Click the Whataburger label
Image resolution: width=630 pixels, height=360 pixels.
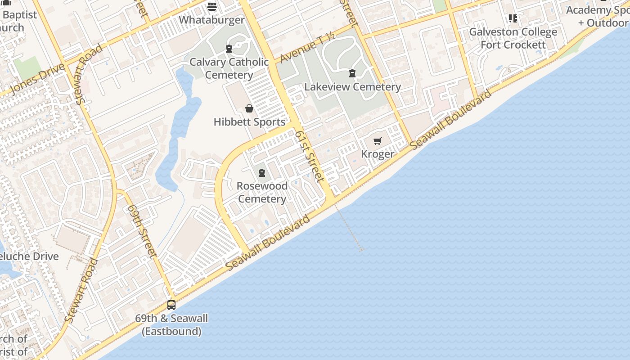[211, 20]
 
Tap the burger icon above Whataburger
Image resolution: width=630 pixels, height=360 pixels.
[212, 7]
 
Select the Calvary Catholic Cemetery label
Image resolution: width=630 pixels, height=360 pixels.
[229, 68]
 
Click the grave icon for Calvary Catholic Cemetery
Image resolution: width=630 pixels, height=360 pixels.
[229, 49]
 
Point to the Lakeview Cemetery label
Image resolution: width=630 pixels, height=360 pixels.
[352, 87]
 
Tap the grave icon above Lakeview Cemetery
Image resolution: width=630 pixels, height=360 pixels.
[352, 73]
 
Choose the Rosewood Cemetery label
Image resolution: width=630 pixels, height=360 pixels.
[262, 192]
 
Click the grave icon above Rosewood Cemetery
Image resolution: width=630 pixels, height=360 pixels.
[262, 173]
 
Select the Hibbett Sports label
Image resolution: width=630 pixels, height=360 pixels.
[249, 122]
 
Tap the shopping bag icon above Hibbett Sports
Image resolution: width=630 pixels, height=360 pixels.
[249, 108]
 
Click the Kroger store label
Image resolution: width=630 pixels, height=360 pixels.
[378, 154]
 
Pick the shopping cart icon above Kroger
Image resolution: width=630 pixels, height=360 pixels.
[378, 141]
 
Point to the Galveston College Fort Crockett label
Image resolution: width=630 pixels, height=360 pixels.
[513, 38]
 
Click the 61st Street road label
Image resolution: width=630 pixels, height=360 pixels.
[309, 156]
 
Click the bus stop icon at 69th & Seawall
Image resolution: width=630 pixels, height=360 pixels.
[171, 305]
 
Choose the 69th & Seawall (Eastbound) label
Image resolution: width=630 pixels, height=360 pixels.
[171, 325]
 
